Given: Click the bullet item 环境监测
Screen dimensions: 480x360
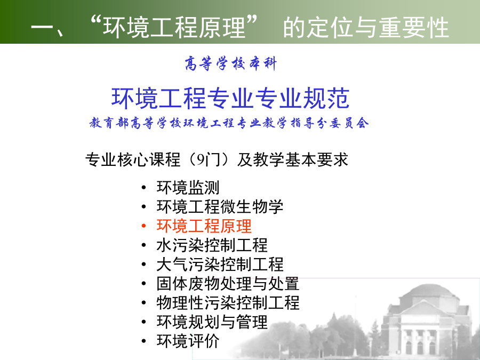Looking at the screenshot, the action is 188,187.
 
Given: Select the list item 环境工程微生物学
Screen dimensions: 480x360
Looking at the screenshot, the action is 220,206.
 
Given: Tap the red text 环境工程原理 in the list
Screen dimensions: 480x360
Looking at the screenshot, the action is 204,226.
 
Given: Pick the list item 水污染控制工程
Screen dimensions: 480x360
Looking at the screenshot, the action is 212,245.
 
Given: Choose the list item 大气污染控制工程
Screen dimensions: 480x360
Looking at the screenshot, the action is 220,265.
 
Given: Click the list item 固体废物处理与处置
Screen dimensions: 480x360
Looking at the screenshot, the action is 228,284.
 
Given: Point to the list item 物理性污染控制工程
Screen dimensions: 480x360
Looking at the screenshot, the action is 228,303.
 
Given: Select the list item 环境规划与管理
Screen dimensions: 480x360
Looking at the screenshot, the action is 212,322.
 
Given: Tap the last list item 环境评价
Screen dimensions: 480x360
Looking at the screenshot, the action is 188,341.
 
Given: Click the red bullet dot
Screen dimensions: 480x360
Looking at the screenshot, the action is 144,226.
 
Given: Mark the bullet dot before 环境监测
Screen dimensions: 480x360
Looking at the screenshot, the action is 144,188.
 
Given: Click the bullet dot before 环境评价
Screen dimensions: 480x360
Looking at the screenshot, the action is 144,341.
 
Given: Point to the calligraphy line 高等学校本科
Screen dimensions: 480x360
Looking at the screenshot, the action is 231,63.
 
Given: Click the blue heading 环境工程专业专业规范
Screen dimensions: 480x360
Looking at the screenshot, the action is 230,98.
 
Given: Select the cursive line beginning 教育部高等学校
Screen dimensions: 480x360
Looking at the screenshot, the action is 229,123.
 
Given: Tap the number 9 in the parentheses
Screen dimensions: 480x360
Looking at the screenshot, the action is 201,160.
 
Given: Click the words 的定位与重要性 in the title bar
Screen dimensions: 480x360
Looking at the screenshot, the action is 366,28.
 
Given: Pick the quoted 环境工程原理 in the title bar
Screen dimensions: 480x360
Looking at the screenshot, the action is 174,28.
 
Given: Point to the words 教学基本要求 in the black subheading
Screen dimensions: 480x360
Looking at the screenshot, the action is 301,160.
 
